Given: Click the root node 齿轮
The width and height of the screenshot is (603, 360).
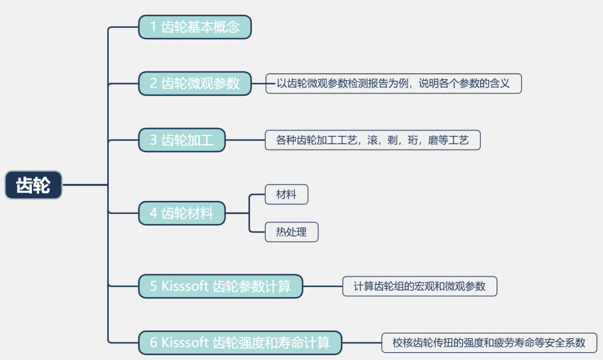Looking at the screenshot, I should coord(33,185).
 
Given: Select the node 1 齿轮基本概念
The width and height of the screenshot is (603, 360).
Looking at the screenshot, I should coord(194,27).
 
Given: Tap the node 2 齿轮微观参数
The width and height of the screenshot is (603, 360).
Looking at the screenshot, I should coord(194,83).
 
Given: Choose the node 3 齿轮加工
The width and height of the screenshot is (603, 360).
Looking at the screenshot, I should coord(181,140).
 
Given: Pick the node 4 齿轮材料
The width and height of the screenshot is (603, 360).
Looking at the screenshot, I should coord(181,213).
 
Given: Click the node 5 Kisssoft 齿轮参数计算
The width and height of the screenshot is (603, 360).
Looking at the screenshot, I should coord(220,286).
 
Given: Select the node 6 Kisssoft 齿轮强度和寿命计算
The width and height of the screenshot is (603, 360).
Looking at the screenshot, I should coord(240,342).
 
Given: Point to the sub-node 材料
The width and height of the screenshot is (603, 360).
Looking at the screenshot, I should coord(286,194).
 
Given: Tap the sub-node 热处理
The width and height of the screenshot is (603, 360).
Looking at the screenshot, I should coord(291,232).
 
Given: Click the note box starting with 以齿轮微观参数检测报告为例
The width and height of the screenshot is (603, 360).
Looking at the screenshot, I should coord(393,83).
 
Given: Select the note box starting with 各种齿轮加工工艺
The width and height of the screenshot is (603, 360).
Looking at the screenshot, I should coord(372,140).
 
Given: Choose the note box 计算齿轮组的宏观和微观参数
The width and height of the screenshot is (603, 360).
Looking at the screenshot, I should coord(420,286).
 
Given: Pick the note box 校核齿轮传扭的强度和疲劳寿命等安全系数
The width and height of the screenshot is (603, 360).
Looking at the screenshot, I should coord(489,342).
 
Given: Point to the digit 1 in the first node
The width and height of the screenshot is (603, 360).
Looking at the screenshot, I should coord(153,27).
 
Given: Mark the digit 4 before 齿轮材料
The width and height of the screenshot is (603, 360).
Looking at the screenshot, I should coord(153,213).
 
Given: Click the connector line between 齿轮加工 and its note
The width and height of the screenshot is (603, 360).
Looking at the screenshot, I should coord(245,140).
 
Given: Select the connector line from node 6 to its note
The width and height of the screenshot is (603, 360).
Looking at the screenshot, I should coord(362,342).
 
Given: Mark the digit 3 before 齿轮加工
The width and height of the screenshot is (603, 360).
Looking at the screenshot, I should coord(153,140).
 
